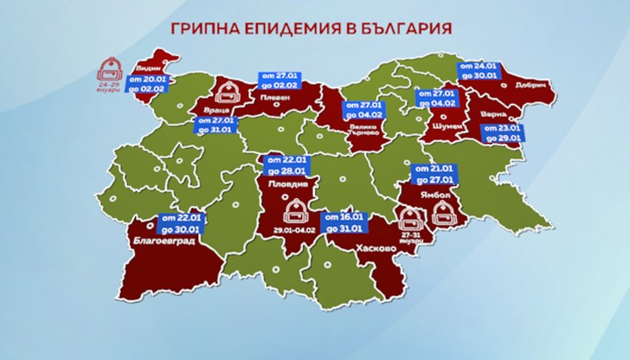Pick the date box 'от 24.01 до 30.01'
[x=478, y=71]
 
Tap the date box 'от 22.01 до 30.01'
[x=181, y=223]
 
